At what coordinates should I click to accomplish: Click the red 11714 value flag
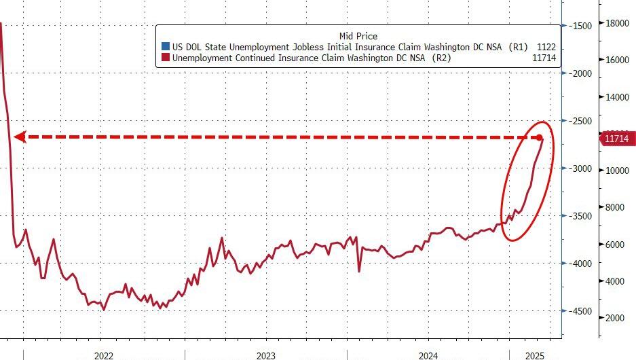[x=616, y=139]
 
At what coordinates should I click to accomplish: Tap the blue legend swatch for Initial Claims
[x=164, y=47]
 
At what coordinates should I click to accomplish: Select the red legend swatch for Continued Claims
[x=164, y=58]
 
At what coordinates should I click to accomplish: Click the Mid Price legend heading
[x=358, y=35]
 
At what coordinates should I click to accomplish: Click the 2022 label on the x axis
[x=103, y=355]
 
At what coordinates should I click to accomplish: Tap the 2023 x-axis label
[x=265, y=355]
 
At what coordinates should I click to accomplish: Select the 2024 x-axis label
[x=428, y=355]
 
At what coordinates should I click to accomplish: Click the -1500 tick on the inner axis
[x=581, y=26]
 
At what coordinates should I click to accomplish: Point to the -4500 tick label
[x=581, y=311]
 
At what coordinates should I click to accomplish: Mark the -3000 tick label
[x=581, y=168]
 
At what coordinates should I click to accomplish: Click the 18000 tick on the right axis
[x=617, y=23]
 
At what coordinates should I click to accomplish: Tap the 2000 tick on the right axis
[x=615, y=318]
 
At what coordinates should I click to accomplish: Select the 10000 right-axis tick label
[x=617, y=170]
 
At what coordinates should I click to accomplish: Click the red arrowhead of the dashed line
[x=20, y=137]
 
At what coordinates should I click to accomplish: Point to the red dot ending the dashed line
[x=540, y=137]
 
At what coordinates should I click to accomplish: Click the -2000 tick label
[x=581, y=73]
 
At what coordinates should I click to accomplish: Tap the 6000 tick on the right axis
[x=615, y=245]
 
